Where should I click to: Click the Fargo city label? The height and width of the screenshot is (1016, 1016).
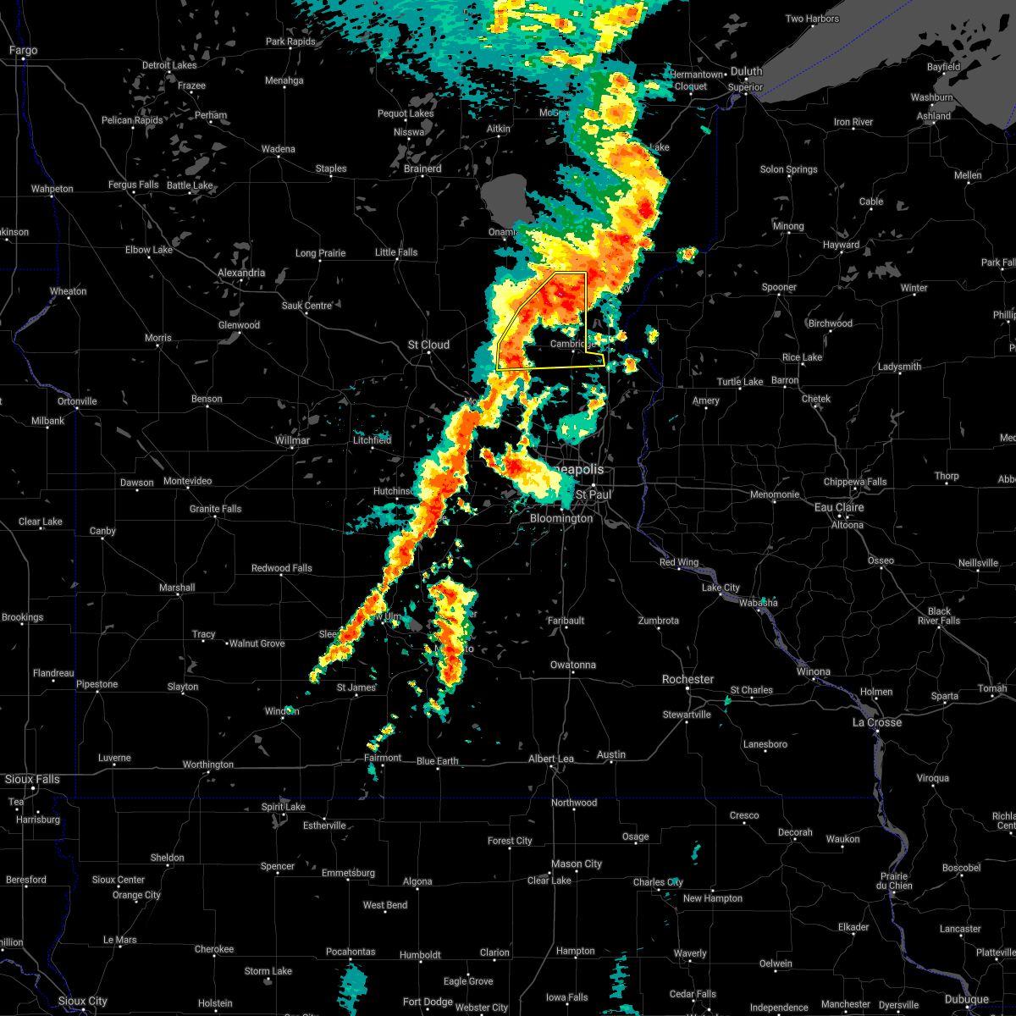tap(23, 51)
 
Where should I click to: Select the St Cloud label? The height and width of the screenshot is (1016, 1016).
tap(428, 345)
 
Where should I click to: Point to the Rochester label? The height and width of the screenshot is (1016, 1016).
tap(687, 679)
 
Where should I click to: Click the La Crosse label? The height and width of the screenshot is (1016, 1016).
tap(876, 722)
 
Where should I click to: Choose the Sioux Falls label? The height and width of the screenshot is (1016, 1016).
tap(32, 779)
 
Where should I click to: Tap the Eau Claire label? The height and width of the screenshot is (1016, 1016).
tap(838, 507)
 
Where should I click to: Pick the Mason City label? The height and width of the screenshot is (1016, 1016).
tap(576, 864)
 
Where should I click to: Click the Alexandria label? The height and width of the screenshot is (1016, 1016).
tap(240, 273)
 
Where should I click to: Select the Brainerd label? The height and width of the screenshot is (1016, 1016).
tap(422, 168)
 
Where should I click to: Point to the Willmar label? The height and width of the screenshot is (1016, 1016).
tap(292, 440)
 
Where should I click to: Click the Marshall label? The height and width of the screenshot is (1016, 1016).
tap(177, 588)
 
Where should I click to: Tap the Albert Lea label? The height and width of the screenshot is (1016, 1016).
tap(550, 759)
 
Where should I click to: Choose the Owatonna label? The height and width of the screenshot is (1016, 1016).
tap(572, 665)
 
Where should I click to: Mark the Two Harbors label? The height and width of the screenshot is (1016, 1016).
tap(812, 19)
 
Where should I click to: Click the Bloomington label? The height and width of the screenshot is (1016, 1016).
tap(561, 518)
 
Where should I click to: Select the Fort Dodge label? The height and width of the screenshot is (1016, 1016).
tap(428, 1002)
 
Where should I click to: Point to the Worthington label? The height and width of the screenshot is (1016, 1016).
tap(207, 765)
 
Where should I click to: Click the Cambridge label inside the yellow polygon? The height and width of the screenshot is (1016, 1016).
tap(567, 344)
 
